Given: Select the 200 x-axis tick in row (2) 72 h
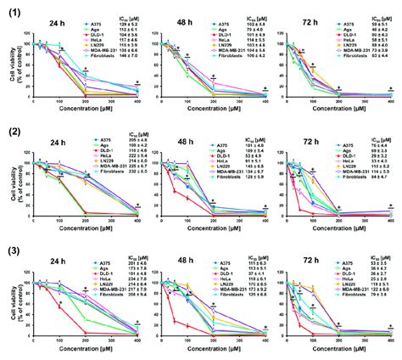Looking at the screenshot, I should (x=336, y=223).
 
